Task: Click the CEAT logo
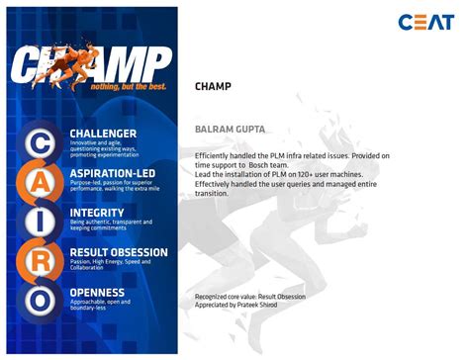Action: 425,22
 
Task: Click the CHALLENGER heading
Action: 103,132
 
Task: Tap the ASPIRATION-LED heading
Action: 111,173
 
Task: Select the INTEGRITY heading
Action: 97,212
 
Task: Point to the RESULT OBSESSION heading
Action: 119,252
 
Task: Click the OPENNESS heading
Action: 97,293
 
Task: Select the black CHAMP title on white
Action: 213,86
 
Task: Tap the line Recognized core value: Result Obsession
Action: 249,297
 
